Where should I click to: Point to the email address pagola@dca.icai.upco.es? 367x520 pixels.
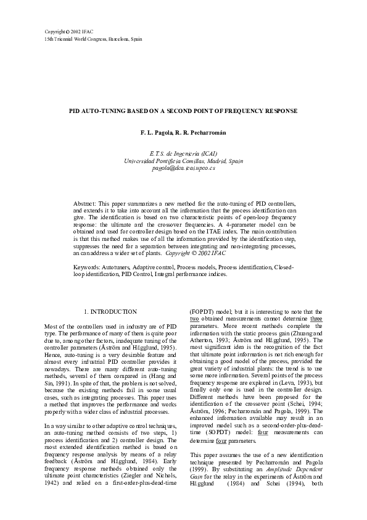click(x=183, y=169)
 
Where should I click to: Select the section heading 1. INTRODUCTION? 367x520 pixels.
click(x=110, y=312)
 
